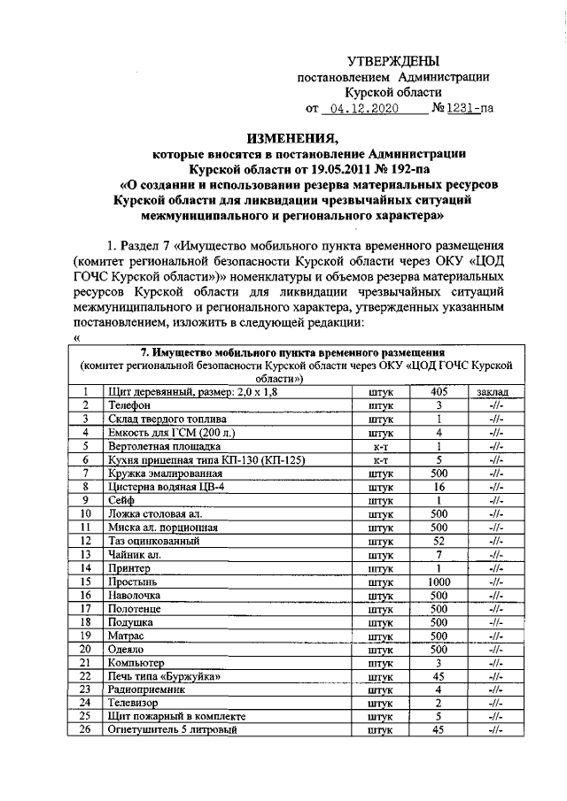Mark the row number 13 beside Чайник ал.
click(86, 555)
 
